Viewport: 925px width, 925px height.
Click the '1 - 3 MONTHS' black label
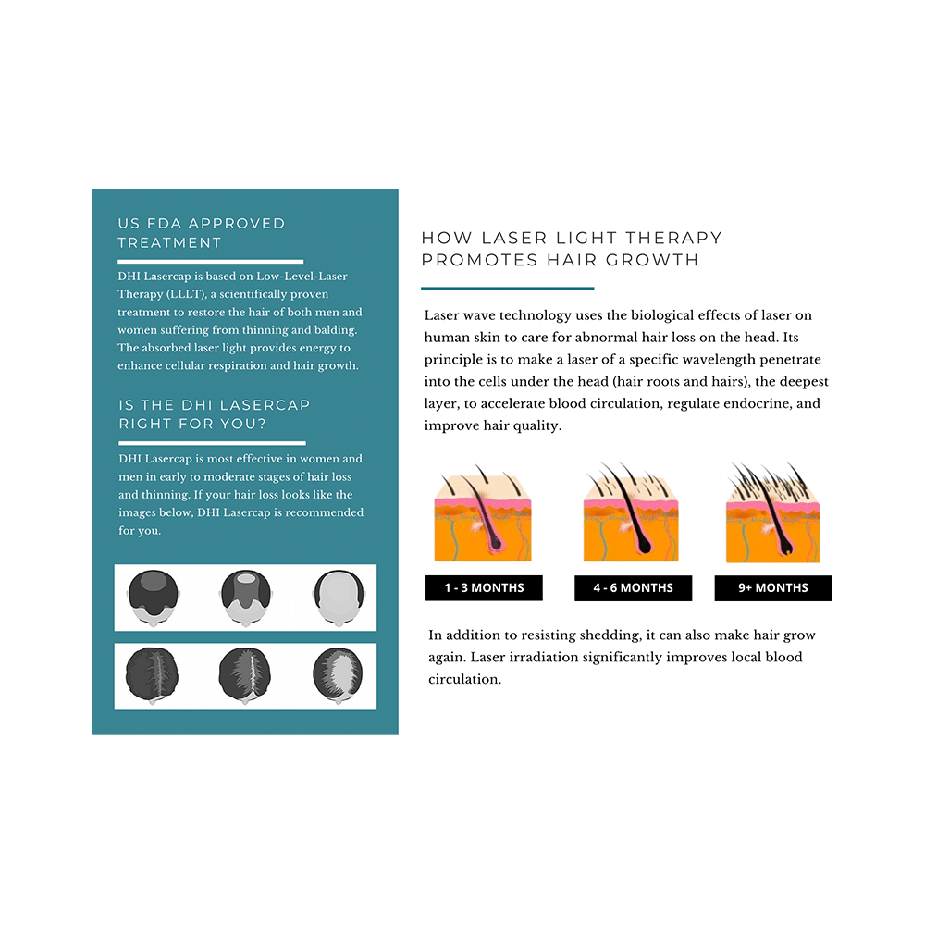coord(484,588)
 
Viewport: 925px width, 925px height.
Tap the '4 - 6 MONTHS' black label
coord(633,588)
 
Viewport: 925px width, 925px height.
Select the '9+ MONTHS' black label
coord(773,588)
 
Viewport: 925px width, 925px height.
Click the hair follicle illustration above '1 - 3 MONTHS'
coord(482,514)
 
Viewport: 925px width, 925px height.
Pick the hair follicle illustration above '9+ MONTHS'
coord(772,514)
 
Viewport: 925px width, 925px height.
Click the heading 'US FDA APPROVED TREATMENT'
coord(202,233)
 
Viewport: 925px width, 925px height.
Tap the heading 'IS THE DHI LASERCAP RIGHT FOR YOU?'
coord(214,414)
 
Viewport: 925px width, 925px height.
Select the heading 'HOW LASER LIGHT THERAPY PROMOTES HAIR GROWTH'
coord(571,249)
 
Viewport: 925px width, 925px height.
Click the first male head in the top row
coord(154,597)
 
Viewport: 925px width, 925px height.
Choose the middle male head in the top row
coord(245,597)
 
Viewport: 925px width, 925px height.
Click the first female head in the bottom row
coord(154,676)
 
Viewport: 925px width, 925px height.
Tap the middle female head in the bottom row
coord(245,676)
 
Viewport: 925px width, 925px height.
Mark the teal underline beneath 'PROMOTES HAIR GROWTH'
coord(507,288)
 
